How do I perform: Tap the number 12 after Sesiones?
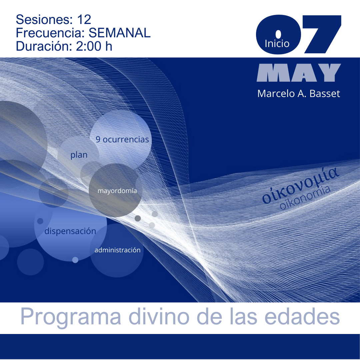coord(84,20)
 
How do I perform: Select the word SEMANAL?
coord(119,33)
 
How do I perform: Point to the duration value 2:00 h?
coord(94,46)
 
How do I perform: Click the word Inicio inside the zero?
coord(277,44)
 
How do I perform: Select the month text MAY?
coord(299,73)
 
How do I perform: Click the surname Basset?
coord(325,94)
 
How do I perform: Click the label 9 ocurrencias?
coord(122,139)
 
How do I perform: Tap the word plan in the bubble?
coord(79,155)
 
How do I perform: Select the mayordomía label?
coord(117,191)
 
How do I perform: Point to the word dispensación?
coord(70,231)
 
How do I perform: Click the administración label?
coord(118,250)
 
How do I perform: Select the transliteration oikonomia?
coord(305,197)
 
